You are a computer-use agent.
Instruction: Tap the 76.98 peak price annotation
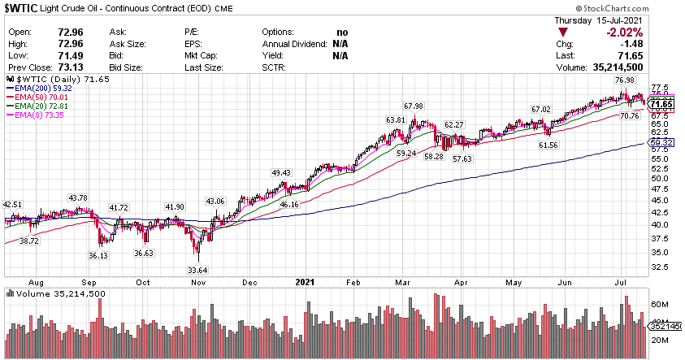point(624,80)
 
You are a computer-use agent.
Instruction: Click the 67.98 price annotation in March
point(414,106)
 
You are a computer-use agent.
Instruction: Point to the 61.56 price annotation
point(548,145)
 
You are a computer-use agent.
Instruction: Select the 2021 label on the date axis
point(304,282)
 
